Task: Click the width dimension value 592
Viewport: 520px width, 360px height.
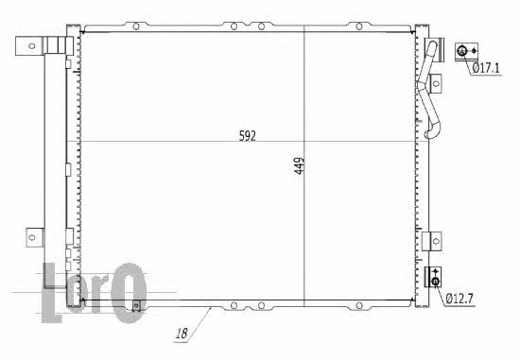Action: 248,136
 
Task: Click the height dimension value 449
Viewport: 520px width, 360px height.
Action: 299,165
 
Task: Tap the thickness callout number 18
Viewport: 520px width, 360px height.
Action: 182,334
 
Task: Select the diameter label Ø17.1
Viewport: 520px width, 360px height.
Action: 486,68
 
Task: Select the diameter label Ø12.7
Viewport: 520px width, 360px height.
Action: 459,299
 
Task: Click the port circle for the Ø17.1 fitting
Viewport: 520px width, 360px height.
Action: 462,51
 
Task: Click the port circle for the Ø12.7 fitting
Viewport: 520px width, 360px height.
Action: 436,282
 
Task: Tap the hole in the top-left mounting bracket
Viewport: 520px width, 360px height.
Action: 32,45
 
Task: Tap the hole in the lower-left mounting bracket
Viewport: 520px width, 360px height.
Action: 32,237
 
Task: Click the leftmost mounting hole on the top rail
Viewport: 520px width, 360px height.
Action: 136,26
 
